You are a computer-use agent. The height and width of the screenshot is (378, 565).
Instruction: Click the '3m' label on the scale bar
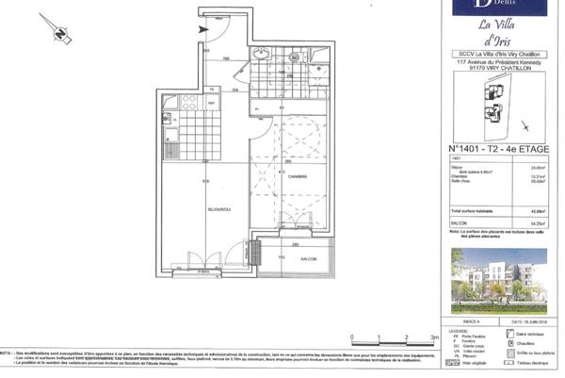[x=431, y=335]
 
